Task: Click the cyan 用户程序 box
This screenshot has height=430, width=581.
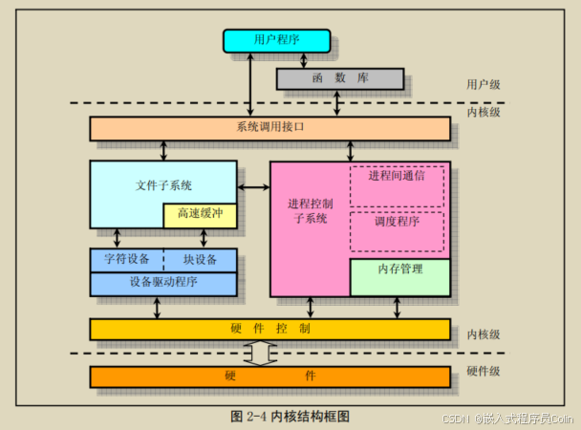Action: click(x=277, y=40)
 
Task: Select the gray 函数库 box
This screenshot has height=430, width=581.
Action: click(x=340, y=78)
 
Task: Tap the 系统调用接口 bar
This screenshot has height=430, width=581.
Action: click(x=269, y=128)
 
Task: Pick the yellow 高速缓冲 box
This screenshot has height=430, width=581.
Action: click(x=200, y=215)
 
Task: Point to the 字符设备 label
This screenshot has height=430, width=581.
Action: click(x=125, y=260)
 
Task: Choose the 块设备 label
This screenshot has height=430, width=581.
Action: click(x=200, y=260)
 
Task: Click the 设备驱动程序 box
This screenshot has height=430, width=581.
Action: click(x=163, y=283)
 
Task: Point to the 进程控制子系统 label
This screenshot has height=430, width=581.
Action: click(x=310, y=210)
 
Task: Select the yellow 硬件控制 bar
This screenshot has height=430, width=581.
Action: click(x=269, y=329)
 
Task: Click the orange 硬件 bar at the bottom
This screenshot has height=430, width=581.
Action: click(x=269, y=376)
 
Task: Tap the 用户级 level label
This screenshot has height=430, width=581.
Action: click(x=484, y=84)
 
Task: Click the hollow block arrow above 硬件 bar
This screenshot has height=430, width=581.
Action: click(x=261, y=353)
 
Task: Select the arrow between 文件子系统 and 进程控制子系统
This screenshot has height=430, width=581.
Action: click(x=253, y=187)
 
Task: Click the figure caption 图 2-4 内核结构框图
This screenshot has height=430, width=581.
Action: click(x=290, y=416)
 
